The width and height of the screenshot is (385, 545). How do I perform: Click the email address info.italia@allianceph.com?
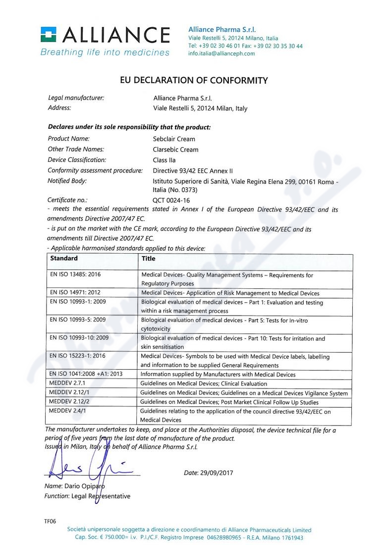point(221,54)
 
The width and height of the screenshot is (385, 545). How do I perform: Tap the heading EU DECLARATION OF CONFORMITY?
point(194,80)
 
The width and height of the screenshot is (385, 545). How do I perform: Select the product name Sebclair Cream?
point(174,139)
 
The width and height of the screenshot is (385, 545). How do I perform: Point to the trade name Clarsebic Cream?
point(176,150)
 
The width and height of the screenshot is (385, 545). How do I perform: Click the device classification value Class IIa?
point(165,160)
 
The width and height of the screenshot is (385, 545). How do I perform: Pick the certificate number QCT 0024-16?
point(171,201)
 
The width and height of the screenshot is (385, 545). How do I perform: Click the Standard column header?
point(64,258)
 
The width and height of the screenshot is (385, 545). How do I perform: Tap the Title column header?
point(148,258)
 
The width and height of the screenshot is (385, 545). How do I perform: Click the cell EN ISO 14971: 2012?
point(75,293)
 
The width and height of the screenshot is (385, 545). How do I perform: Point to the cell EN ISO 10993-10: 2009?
point(79,338)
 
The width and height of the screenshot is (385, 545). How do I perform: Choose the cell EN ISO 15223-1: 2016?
point(78,356)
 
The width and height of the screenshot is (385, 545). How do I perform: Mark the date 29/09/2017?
point(217,473)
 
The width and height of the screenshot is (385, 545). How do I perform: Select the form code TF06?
point(50,521)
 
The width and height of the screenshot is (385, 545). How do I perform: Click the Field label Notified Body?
point(67,181)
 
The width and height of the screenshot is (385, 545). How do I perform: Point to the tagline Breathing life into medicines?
point(105,52)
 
